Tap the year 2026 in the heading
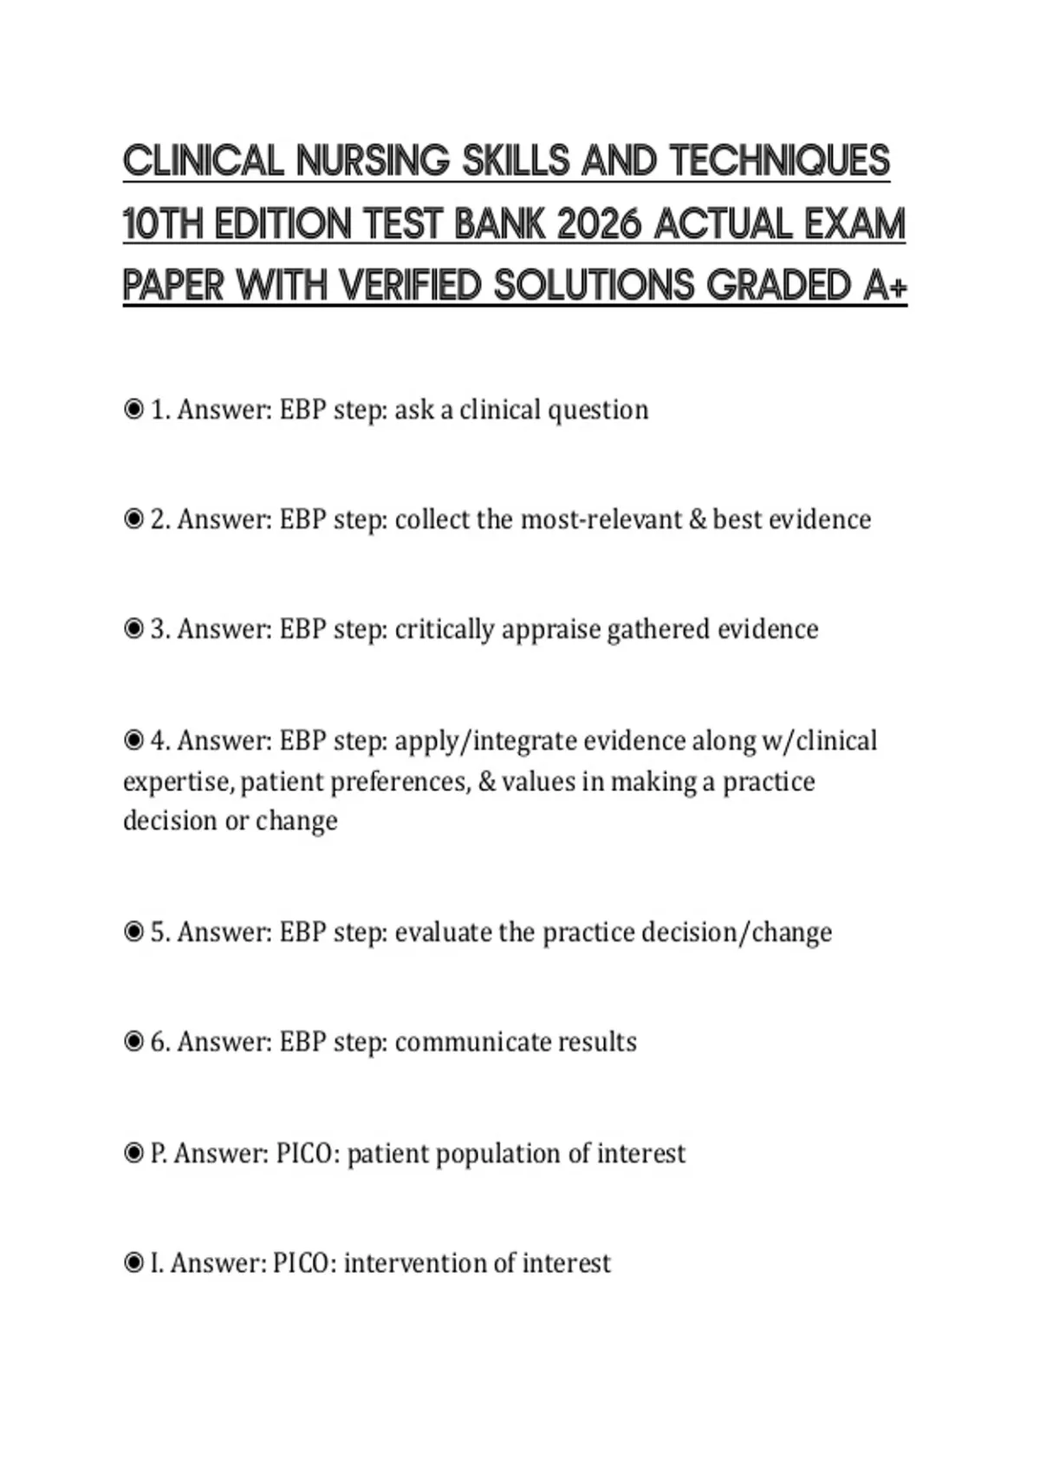[x=600, y=224]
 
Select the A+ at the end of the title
[x=885, y=286]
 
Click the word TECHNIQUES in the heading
[x=780, y=161]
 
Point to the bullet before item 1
[x=133, y=409]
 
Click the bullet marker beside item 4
[x=133, y=741]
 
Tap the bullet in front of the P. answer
[x=133, y=1153]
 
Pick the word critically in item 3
[x=444, y=629]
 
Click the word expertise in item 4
[x=177, y=782]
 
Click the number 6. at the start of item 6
[x=160, y=1041]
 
